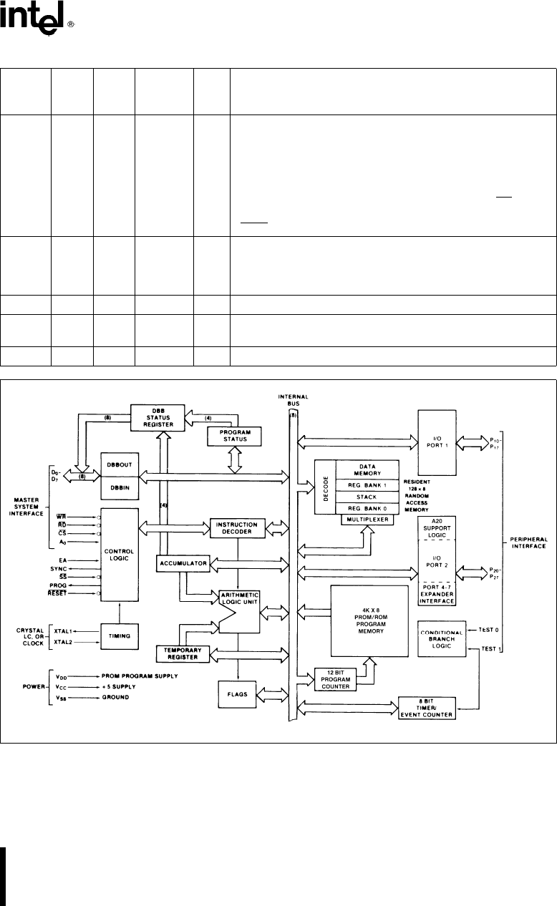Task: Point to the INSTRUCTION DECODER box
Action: [x=238, y=528]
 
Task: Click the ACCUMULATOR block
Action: [x=183, y=564]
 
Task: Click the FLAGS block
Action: [x=237, y=694]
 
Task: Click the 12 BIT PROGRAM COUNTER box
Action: [x=335, y=681]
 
